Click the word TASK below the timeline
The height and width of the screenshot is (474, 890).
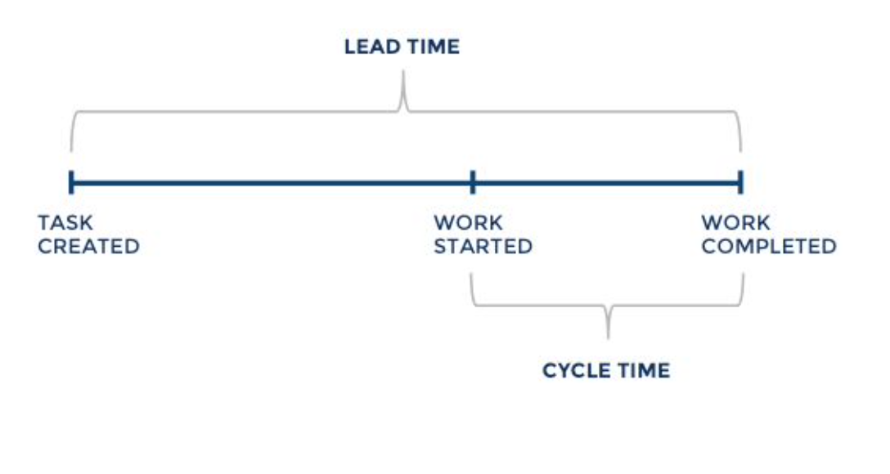point(65,222)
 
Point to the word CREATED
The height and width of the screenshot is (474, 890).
point(88,246)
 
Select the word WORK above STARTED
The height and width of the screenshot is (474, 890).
point(468,222)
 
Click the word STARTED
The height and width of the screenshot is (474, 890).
point(483,246)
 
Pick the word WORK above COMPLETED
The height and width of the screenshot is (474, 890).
point(735,222)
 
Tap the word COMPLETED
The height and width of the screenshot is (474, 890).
point(769,246)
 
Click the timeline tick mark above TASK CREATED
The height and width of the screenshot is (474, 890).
point(71,182)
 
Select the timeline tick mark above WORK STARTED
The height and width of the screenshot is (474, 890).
point(473,182)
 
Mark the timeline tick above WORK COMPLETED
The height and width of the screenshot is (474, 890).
point(740,182)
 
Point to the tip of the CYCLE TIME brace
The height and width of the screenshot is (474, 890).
point(608,335)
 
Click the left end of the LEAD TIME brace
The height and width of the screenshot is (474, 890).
point(71,149)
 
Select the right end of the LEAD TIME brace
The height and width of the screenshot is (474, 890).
point(740,149)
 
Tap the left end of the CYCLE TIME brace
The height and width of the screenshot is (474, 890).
point(473,276)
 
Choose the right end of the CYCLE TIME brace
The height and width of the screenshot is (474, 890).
point(743,276)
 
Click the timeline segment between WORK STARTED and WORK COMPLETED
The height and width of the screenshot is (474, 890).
point(606,182)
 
